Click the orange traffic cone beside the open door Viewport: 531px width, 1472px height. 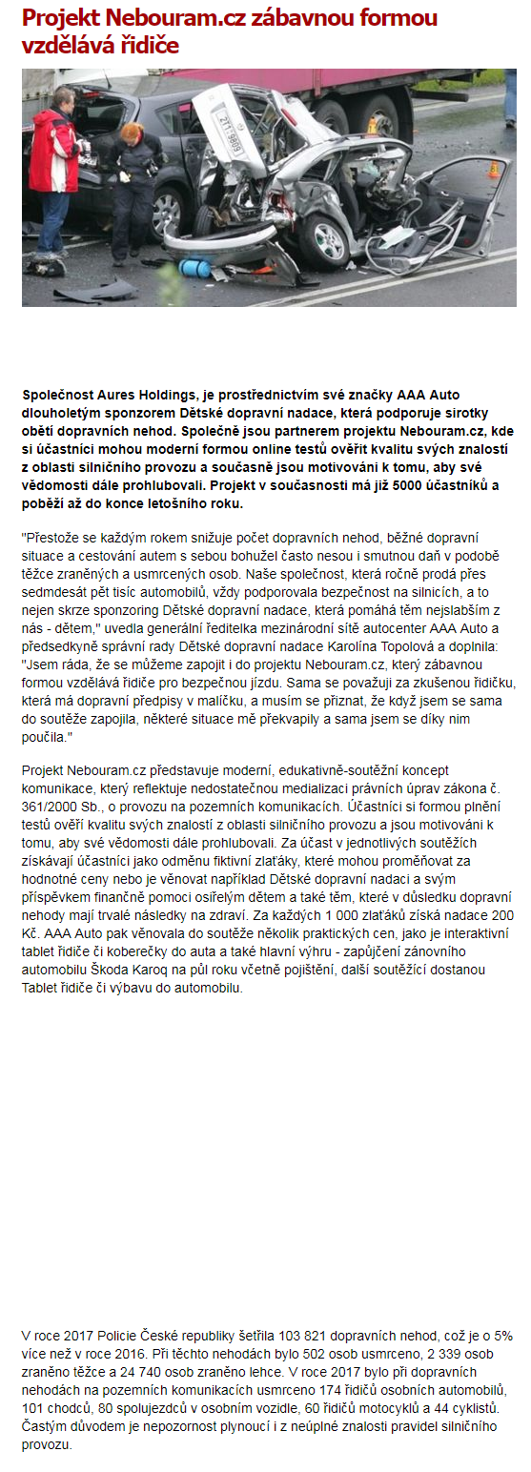click(493, 170)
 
